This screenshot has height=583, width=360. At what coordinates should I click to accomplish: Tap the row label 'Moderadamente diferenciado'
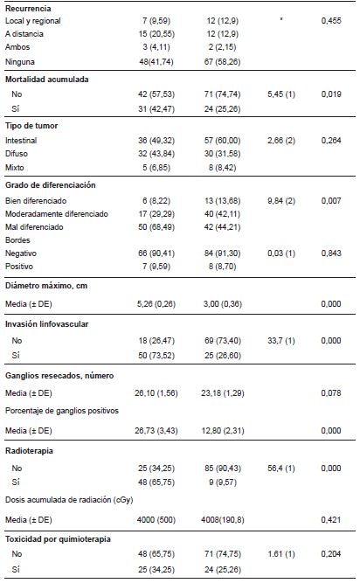click(57, 212)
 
